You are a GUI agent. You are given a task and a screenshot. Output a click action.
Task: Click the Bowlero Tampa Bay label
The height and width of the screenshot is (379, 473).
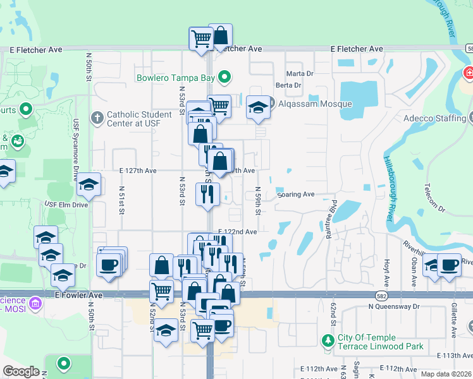pos(175,78)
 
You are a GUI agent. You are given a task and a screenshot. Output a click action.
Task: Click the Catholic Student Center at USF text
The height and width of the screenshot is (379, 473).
pos(139,119)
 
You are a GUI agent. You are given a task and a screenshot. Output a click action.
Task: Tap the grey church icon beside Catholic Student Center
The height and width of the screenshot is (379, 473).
pos(97,117)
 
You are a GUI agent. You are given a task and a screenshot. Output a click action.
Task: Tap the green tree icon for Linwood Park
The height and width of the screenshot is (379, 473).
pos(328,342)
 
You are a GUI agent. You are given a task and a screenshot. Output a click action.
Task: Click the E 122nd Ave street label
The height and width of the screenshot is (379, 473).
pos(237,232)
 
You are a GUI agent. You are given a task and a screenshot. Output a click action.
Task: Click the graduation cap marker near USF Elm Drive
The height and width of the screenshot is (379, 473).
pos(89,185)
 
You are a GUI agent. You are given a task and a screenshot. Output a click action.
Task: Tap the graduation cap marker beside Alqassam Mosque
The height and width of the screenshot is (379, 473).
pos(258,108)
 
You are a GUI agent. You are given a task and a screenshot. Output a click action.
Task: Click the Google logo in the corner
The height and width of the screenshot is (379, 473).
pos(20,371)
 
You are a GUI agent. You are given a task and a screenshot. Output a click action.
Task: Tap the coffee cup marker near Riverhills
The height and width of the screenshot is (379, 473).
pos(449,265)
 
